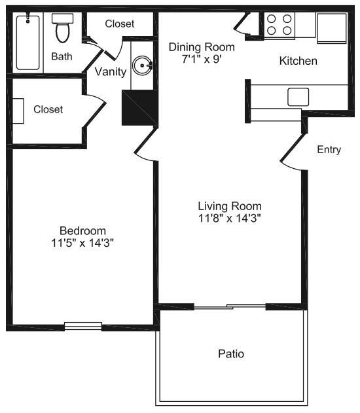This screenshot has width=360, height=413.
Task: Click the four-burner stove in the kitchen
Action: (x=279, y=24)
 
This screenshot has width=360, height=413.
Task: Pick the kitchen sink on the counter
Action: (x=298, y=97)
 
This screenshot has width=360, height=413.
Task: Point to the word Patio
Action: (x=230, y=354)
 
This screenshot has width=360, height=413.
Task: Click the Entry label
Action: (x=329, y=150)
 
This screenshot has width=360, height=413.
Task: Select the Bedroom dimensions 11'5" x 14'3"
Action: (x=82, y=243)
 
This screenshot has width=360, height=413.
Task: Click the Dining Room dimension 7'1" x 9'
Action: (x=201, y=59)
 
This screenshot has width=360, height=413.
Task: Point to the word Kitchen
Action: (x=298, y=61)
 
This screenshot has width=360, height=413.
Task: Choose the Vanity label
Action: (x=111, y=71)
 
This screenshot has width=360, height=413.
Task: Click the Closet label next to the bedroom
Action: (x=48, y=109)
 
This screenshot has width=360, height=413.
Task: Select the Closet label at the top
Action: (x=120, y=24)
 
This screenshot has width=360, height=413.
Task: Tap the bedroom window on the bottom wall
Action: (x=82, y=325)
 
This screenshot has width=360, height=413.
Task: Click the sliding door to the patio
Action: (x=229, y=306)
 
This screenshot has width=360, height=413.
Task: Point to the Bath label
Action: (x=62, y=56)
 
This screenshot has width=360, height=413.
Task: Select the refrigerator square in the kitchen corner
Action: (x=332, y=26)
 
